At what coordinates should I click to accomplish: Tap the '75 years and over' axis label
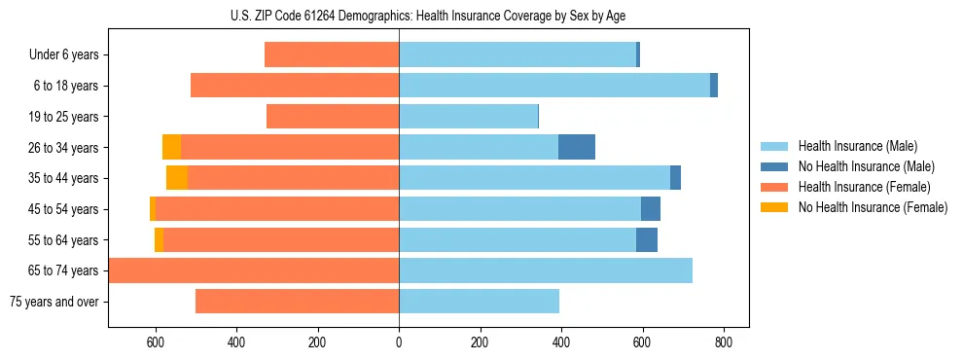(x=53, y=302)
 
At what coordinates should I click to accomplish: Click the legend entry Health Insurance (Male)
(x=857, y=146)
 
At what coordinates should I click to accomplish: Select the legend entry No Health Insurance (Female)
(x=873, y=207)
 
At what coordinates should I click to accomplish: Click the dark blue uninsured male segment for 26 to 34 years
(x=577, y=147)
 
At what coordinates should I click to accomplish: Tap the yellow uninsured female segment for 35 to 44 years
(x=177, y=178)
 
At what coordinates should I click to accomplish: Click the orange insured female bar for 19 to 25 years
(x=333, y=117)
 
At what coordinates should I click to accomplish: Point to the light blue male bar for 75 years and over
(x=479, y=302)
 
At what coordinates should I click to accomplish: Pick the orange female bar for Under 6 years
(x=332, y=55)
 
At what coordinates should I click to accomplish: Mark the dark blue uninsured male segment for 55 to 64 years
(x=647, y=239)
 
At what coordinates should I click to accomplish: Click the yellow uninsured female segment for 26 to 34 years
(x=171, y=147)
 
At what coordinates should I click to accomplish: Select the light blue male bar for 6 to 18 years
(x=554, y=86)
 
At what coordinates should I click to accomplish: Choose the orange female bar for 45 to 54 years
(x=277, y=209)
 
